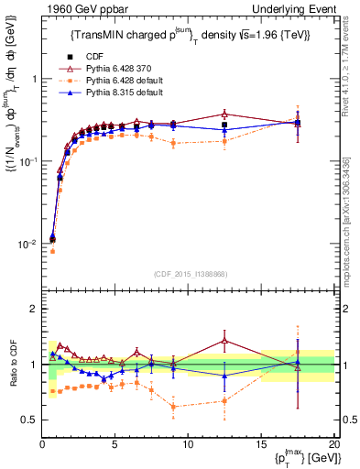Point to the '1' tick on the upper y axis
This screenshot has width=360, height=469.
click(x=34, y=79)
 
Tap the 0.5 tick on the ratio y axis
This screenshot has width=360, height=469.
click(x=30, y=420)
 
